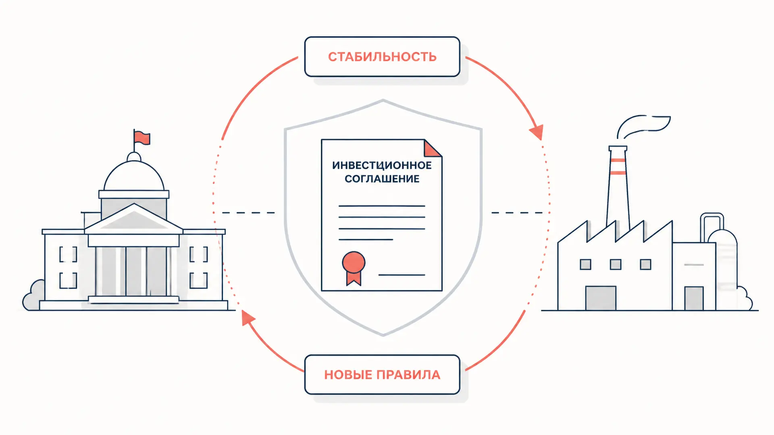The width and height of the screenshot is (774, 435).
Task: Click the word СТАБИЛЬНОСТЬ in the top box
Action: click(x=382, y=57)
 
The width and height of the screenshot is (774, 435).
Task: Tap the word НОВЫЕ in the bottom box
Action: click(x=348, y=375)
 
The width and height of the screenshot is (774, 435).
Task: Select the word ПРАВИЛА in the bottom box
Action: click(x=408, y=375)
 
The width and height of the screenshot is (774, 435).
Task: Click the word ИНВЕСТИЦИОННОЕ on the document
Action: click(x=382, y=165)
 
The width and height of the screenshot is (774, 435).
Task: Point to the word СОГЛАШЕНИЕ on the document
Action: click(x=382, y=179)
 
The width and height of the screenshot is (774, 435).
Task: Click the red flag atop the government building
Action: click(x=142, y=138)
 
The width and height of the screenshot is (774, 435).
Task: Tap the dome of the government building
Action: click(x=134, y=176)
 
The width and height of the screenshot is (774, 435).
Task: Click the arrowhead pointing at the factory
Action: click(x=537, y=132)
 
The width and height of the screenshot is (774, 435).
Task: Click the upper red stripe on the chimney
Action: click(x=618, y=160)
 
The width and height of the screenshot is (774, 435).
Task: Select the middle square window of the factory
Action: click(x=616, y=265)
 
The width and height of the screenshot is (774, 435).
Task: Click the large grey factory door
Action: click(x=601, y=298)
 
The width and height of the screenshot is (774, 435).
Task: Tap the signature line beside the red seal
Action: click(x=402, y=275)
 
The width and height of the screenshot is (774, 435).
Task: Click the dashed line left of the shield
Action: click(x=248, y=213)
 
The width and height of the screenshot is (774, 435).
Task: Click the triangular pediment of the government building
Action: click(x=134, y=218)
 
